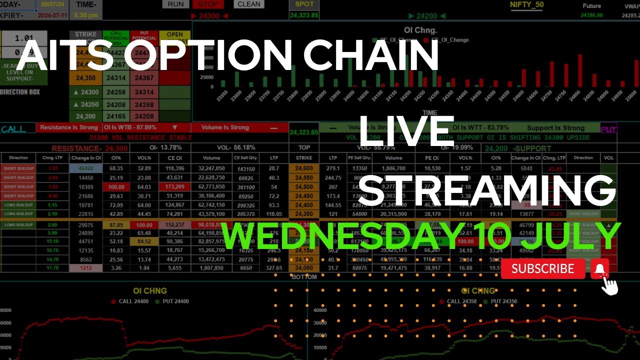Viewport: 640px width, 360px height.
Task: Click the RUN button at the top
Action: coord(175,4)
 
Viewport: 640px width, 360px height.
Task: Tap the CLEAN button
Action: coord(249,4)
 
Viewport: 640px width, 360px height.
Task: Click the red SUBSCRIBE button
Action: coord(543,269)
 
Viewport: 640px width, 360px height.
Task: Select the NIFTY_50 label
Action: coord(526,5)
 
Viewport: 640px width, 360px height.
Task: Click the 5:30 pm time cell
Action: coord(85,15)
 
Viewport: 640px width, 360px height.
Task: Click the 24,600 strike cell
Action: coord(304,168)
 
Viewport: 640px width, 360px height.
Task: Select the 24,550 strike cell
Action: coord(304,177)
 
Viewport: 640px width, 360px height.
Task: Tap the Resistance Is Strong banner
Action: coord(68,127)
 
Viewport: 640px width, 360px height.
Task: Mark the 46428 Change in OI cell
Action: coord(86,168)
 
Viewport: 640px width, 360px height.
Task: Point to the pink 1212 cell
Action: coord(86,268)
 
